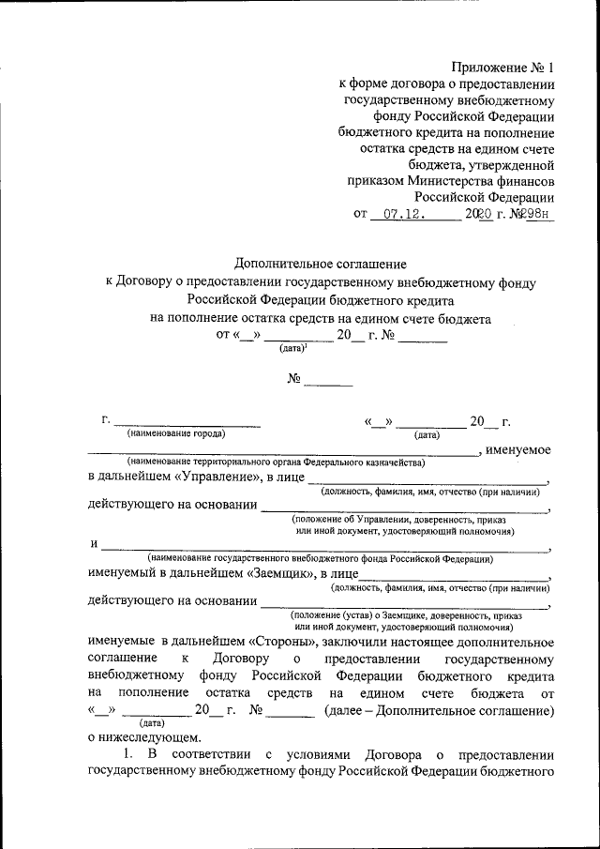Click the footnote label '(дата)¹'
(x=293, y=349)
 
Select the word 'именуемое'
(x=517, y=450)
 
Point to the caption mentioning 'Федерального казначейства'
(x=277, y=463)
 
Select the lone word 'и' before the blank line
(x=94, y=543)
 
